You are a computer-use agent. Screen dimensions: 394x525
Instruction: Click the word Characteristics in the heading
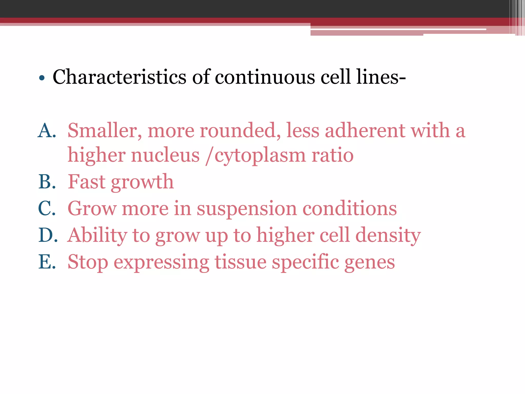(119, 77)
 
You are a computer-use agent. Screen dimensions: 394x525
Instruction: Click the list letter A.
(47, 130)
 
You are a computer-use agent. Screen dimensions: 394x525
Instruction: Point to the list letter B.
(47, 182)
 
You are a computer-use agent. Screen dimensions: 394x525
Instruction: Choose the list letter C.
(47, 208)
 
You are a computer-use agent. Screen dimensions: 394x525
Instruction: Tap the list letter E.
(47, 262)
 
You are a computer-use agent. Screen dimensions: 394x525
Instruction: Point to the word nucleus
(165, 155)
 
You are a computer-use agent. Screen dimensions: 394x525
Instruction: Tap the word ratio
(332, 155)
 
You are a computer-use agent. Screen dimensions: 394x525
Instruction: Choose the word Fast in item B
(87, 182)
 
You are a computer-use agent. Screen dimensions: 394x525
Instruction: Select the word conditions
(350, 208)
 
